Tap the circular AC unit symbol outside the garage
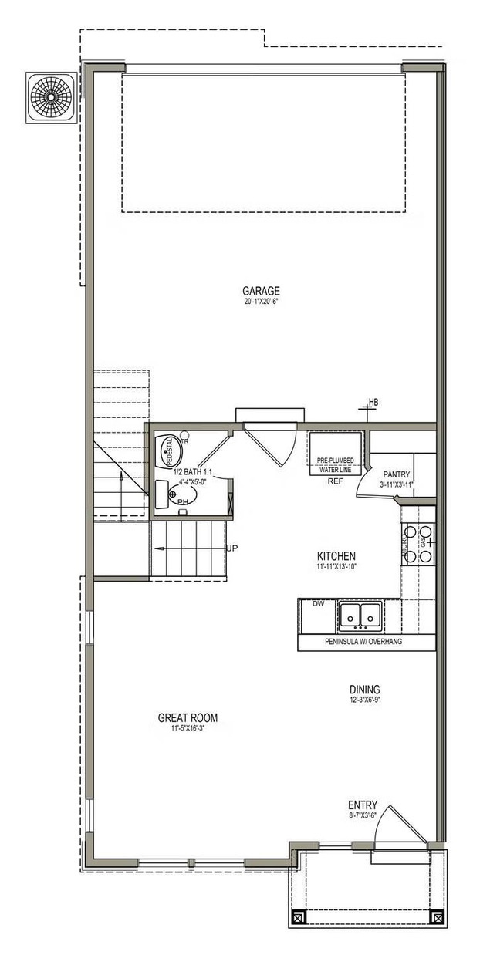pyautogui.click(x=52, y=97)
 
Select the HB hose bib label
pyautogui.click(x=373, y=402)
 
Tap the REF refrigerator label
pyautogui.click(x=334, y=481)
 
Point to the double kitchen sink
pyautogui.click(x=360, y=616)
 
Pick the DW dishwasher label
pyautogui.click(x=318, y=604)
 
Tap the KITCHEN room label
pyautogui.click(x=336, y=555)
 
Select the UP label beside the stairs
pyautogui.click(x=231, y=548)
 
